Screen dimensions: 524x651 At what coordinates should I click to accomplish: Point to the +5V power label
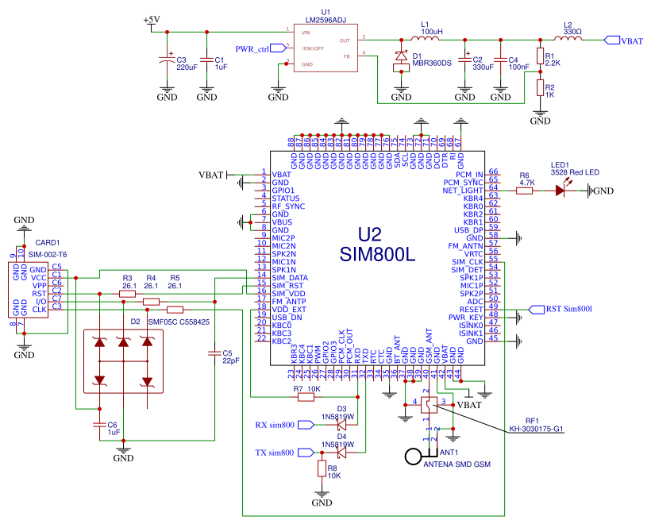(151, 20)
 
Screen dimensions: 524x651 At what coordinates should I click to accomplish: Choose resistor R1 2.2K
(540, 56)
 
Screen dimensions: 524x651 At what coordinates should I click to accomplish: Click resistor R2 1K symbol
(540, 87)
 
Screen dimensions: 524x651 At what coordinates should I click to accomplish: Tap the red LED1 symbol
(564, 191)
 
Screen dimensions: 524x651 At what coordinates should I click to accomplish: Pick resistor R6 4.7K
(524, 191)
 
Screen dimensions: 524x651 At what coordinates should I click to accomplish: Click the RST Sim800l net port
(565, 309)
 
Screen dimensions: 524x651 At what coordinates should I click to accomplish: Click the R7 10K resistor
(306, 397)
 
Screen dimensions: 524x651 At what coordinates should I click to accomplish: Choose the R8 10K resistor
(322, 469)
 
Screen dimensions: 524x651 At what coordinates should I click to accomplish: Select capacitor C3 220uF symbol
(166, 60)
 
